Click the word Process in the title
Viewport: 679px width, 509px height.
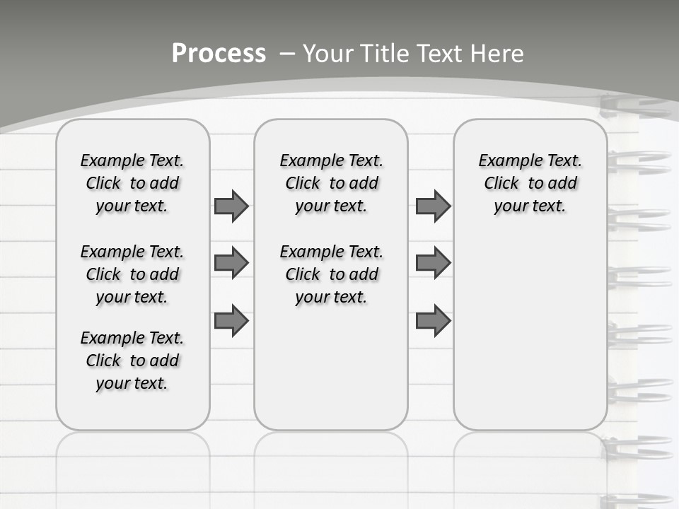[x=219, y=53]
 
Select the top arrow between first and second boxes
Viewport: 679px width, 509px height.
[x=231, y=206]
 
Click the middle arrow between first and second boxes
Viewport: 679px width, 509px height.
[x=231, y=263]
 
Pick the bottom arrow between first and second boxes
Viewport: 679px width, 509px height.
[x=231, y=320]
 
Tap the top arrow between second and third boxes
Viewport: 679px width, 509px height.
[x=433, y=206]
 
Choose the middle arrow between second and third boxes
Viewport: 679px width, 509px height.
[x=433, y=263]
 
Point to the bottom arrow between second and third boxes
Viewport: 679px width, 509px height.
[x=433, y=320]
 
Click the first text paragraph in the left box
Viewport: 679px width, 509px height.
[x=132, y=183]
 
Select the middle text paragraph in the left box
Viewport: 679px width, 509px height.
[x=132, y=274]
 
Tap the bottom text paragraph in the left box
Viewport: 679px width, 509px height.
[x=132, y=361]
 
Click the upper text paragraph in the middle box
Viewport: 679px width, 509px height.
[x=331, y=183]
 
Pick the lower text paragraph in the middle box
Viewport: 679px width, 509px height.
[x=331, y=274]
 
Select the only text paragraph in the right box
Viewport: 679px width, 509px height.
[x=530, y=183]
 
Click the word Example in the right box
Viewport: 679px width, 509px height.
[x=504, y=160]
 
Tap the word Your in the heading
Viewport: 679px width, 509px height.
[x=329, y=54]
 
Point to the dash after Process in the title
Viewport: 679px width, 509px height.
[x=287, y=54]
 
